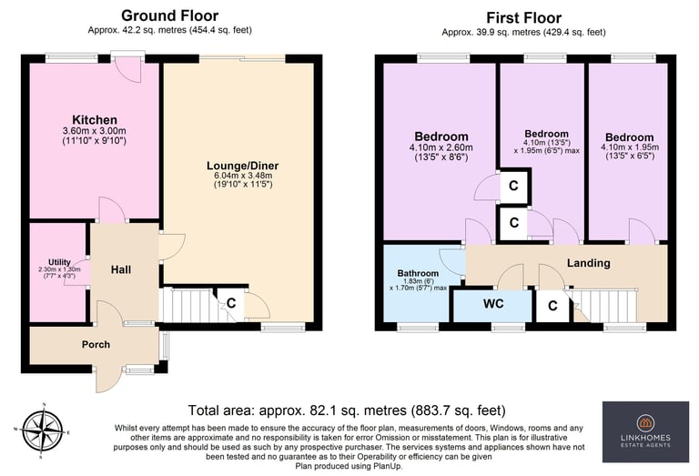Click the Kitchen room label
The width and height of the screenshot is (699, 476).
tap(95, 120)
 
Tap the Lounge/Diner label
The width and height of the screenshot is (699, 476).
tap(242, 166)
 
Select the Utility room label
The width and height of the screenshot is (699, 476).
tap(59, 262)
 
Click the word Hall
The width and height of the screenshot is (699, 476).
tap(121, 269)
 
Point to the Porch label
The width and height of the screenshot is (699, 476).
tap(96, 345)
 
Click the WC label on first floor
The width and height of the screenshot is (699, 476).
tap(493, 304)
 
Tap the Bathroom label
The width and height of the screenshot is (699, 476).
tap(418, 273)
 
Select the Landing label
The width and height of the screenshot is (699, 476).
tap(589, 263)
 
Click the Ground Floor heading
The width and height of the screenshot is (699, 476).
tap(170, 15)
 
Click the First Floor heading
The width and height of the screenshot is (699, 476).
tap(524, 18)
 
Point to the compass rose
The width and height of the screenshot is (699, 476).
tap(44, 430)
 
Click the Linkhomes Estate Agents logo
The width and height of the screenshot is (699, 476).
tap(645, 431)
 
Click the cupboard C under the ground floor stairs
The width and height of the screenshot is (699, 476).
tap(231, 303)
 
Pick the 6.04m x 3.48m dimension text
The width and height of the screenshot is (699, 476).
tap(243, 176)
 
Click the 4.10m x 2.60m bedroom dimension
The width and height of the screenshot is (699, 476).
tap(441, 147)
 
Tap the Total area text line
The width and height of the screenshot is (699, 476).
tap(347, 410)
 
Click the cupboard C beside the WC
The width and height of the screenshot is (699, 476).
tap(552, 306)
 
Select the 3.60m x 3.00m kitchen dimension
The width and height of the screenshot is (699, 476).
tap(95, 131)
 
